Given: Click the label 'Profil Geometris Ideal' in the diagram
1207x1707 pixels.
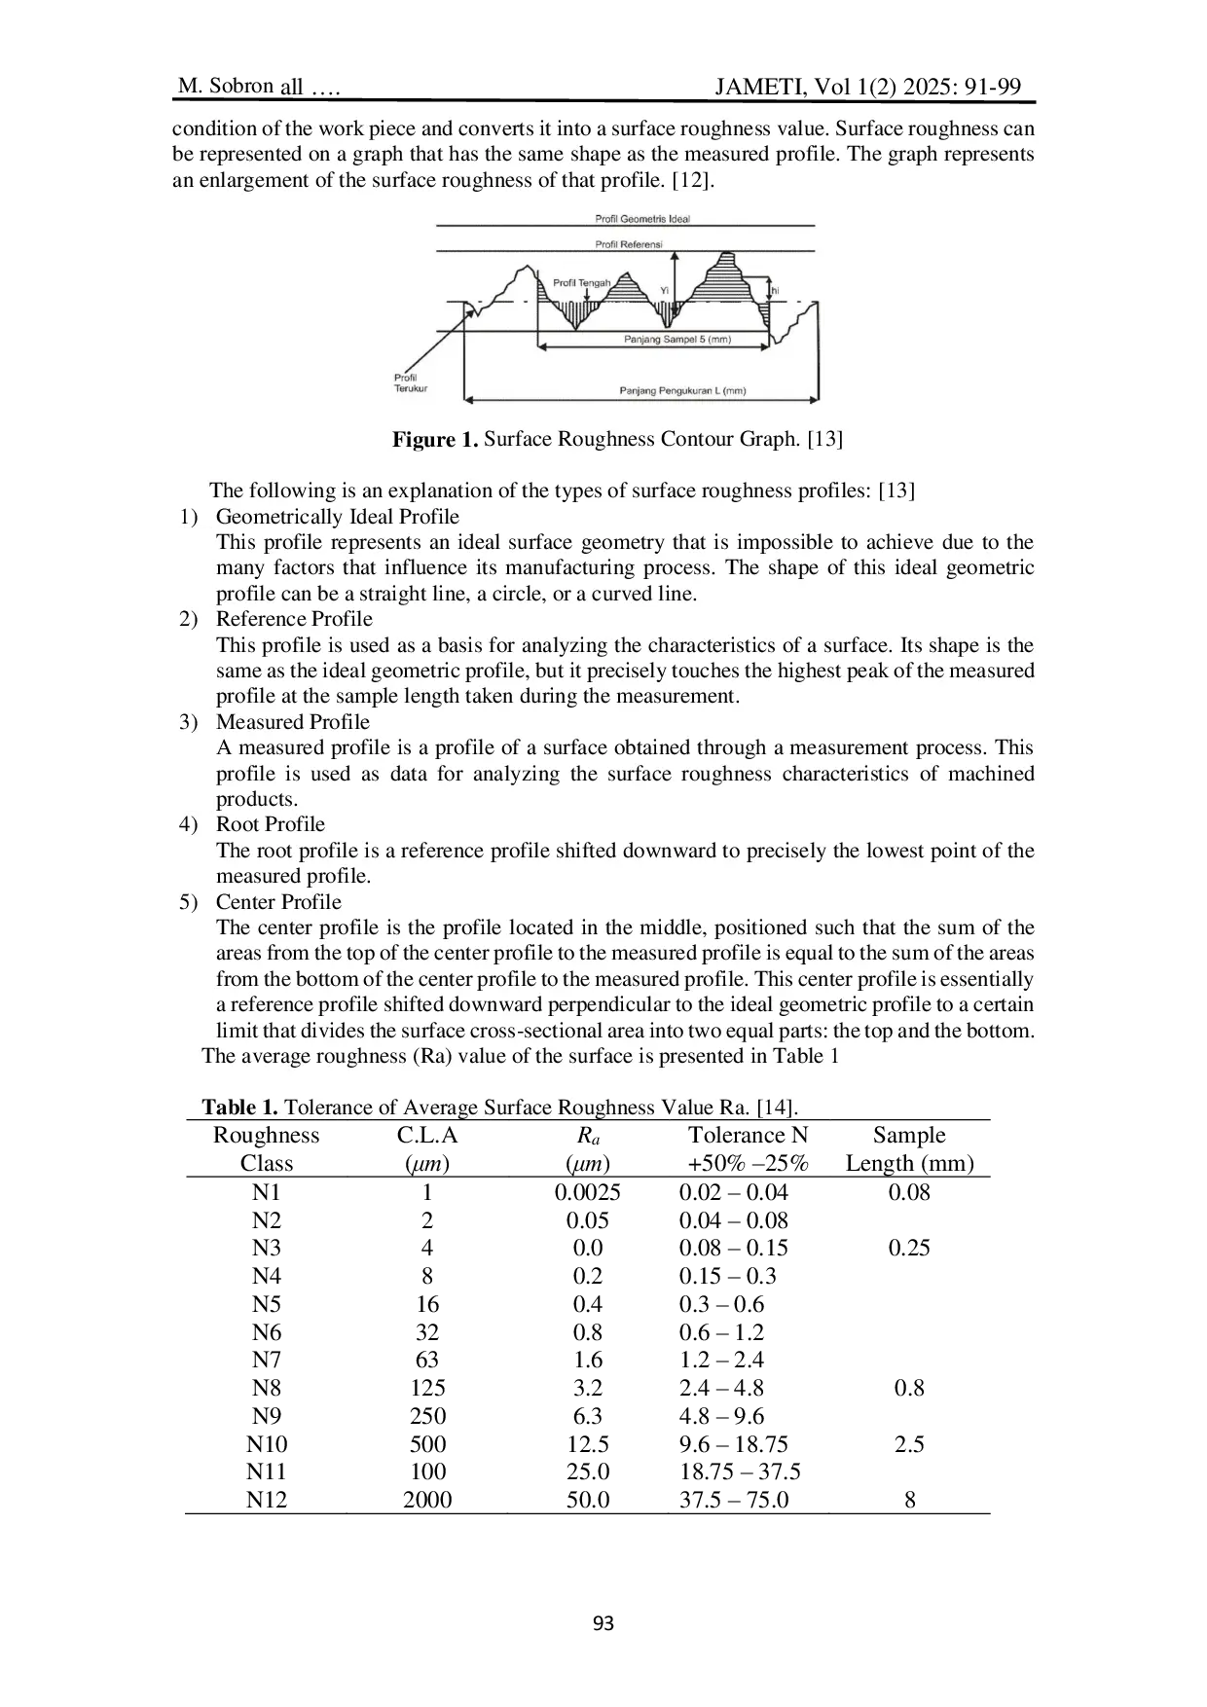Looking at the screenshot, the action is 641,219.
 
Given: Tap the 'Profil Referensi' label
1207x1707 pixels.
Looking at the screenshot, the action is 628,244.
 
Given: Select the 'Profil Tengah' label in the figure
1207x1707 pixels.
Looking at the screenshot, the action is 581,283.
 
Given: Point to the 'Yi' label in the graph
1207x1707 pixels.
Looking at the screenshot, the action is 665,290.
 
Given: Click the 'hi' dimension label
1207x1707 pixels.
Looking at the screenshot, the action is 775,291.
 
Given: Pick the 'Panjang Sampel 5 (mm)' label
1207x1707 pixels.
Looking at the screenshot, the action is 677,340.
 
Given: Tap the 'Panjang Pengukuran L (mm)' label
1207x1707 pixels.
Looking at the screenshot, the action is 682,391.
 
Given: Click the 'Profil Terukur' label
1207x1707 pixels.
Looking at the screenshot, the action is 409,383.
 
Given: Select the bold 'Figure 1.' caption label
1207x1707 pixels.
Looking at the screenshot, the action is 435,439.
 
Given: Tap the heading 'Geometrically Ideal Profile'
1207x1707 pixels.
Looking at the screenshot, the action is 337,517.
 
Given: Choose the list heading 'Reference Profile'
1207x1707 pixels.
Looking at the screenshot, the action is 294,619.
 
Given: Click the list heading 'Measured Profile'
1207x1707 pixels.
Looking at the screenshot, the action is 292,722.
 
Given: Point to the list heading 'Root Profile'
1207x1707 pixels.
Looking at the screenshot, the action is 270,824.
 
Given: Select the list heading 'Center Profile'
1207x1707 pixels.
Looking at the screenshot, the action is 278,902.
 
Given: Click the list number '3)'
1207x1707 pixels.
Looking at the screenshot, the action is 189,722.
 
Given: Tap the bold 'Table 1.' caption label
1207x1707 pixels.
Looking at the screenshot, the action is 239,1108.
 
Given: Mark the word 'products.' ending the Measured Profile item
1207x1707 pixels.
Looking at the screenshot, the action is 257,799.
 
